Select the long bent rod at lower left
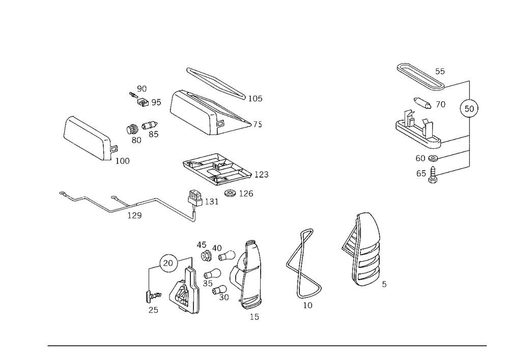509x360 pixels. click(x=127, y=205)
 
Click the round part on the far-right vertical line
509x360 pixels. click(x=468, y=107)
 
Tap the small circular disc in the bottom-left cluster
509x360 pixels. click(x=167, y=261)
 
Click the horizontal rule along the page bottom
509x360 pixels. click(x=267, y=345)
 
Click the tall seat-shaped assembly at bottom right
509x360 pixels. click(x=362, y=252)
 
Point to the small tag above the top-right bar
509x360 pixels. click(x=440, y=70)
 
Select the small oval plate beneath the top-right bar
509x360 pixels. click(x=423, y=102)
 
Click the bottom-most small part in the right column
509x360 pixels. click(x=428, y=175)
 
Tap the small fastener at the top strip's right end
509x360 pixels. click(x=258, y=98)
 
